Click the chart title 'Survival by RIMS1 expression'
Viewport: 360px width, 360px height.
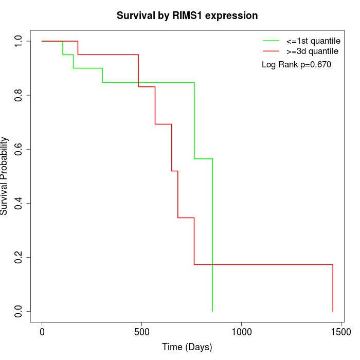(187, 15)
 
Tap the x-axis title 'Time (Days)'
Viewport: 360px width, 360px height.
(187, 347)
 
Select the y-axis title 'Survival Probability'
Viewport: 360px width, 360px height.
(5, 176)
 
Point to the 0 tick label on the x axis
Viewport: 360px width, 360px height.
(42, 332)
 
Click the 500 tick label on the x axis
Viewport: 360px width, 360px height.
(141, 332)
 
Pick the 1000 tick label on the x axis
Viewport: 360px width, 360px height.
(241, 332)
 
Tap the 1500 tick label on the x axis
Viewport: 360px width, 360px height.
(340, 332)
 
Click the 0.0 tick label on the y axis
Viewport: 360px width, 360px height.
(19, 311)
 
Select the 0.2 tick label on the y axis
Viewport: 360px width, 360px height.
(19, 257)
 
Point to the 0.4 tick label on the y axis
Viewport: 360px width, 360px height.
(19, 203)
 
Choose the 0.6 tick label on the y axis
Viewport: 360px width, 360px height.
(19, 149)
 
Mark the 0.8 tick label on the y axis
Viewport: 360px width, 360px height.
(19, 95)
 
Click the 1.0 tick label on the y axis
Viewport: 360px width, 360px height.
(19, 41)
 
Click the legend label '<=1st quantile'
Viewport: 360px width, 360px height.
(313, 41)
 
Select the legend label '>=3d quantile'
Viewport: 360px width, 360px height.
(312, 51)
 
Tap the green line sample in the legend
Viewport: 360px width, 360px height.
(271, 41)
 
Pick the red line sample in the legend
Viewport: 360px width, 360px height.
(271, 51)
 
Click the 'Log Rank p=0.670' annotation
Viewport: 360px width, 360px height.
(296, 65)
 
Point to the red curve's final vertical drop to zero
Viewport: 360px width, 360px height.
(333, 288)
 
